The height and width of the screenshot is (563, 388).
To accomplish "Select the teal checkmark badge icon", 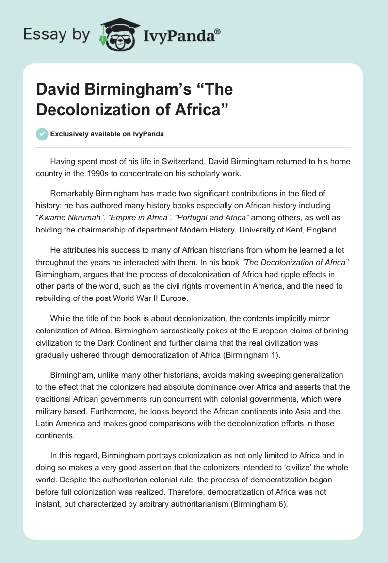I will pos(42,134).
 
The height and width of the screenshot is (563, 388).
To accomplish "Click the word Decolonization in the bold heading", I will pos(91,110).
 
